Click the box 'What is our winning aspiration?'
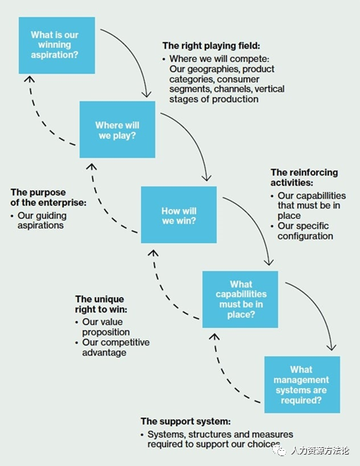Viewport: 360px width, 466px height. point(57,45)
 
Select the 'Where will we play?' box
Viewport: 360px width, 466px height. point(117,130)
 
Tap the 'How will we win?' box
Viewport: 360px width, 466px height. point(179,214)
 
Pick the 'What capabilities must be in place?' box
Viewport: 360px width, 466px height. point(240,299)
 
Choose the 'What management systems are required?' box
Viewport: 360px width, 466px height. point(302,385)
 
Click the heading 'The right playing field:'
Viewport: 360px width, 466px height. point(211,45)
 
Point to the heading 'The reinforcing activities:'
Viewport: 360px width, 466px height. point(304,177)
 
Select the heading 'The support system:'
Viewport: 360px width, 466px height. point(186,421)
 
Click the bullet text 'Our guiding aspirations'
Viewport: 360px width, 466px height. point(42,220)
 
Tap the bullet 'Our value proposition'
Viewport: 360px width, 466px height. point(106,327)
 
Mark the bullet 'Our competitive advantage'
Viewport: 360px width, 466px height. point(116,348)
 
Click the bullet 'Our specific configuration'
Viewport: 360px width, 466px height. point(305,231)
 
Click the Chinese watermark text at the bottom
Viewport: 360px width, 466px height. point(319,451)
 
